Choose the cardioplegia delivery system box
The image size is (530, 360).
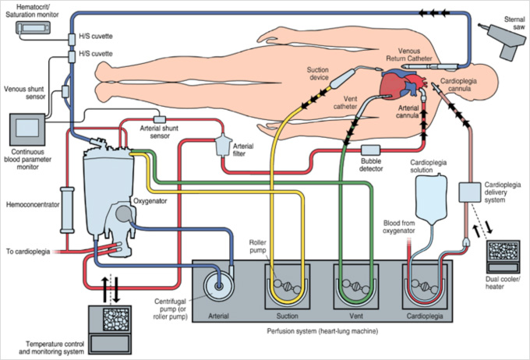click(x=472, y=190)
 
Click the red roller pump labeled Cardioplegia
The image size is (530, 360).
click(x=422, y=285)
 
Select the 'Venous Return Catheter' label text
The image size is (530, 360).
click(x=412, y=53)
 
